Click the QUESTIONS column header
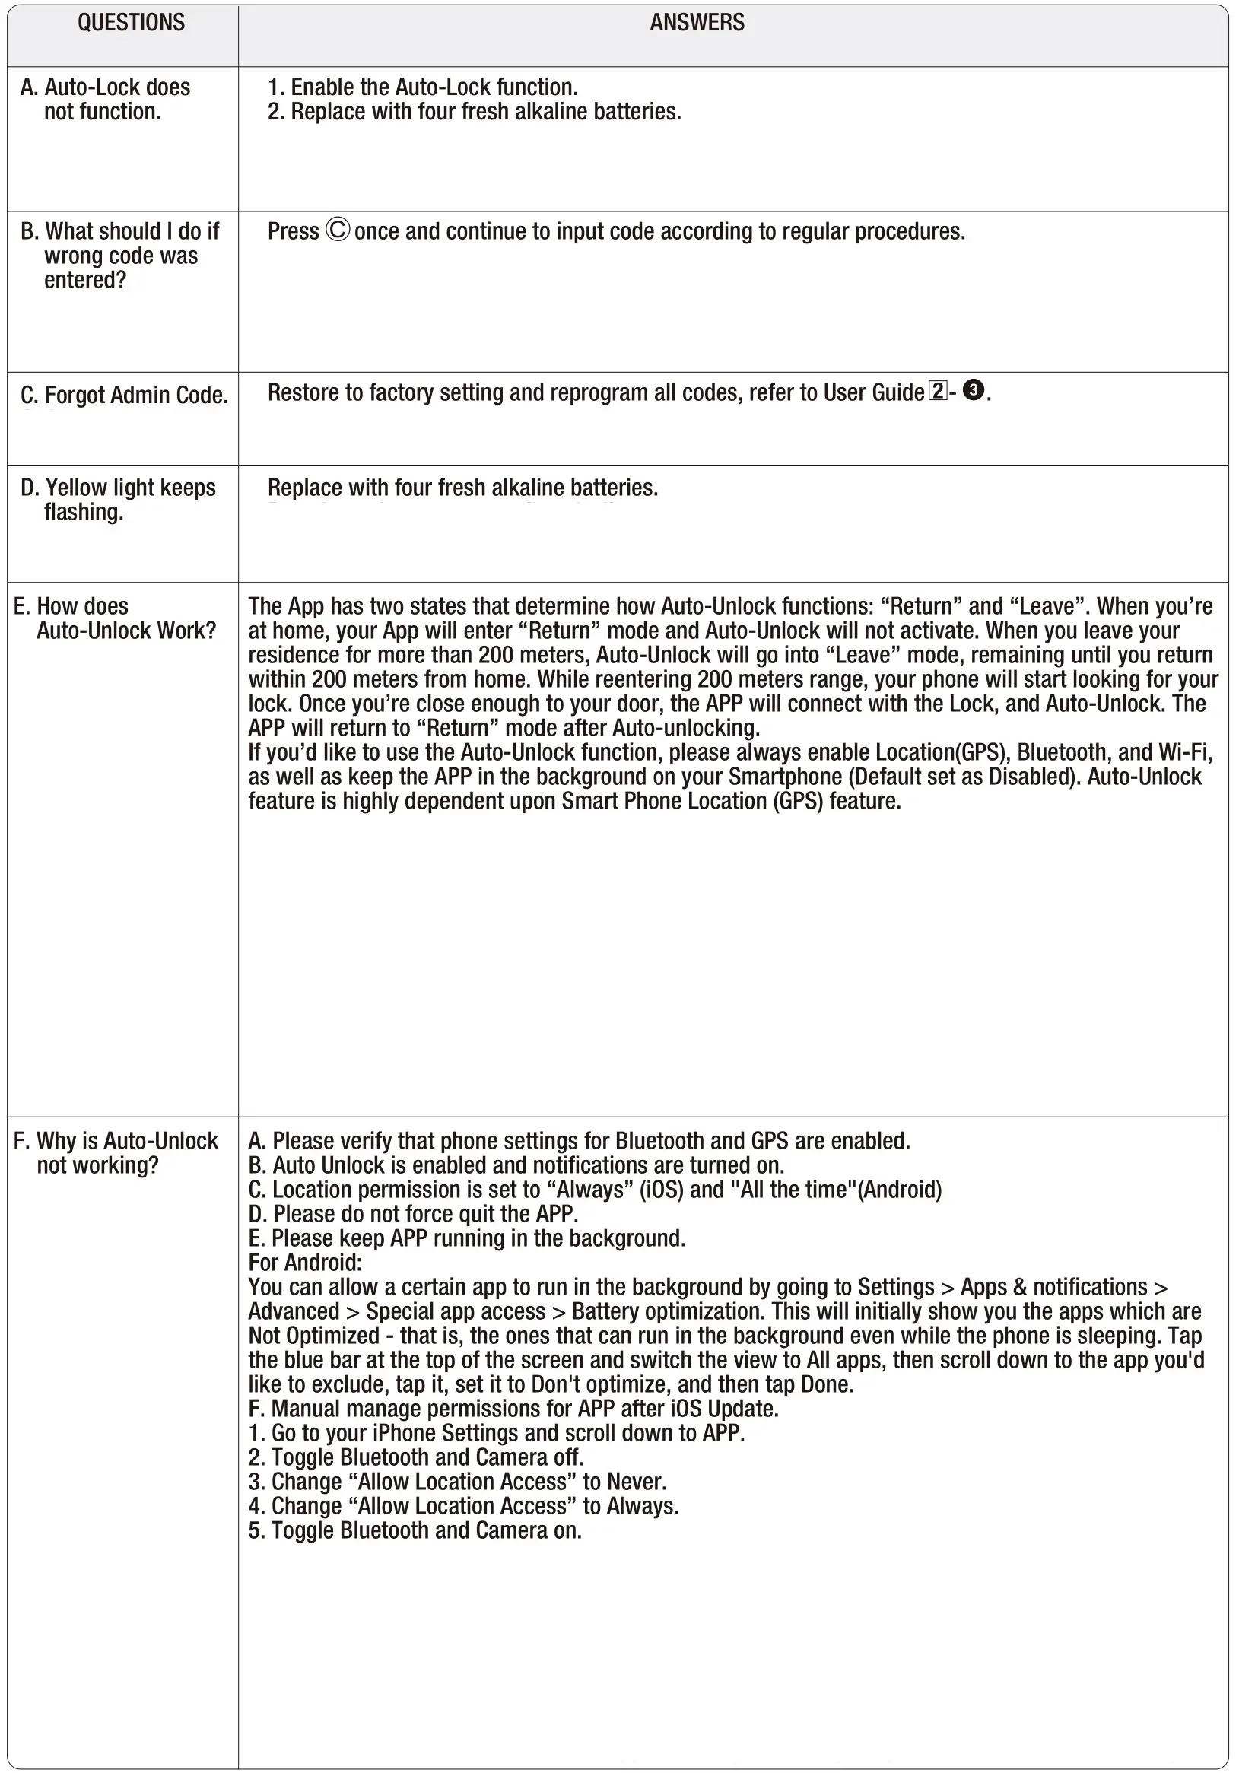tap(132, 23)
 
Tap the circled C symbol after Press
tap(338, 230)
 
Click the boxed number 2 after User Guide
tap(937, 391)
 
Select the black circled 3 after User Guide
tap(974, 390)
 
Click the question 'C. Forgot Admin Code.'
tap(124, 396)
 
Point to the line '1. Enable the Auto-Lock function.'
tap(422, 87)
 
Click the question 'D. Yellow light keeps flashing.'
tap(118, 500)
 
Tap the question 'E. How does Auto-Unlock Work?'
tap(115, 618)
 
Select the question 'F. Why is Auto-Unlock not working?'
tap(116, 1153)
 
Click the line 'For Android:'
tap(305, 1263)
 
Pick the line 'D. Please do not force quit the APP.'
tap(413, 1214)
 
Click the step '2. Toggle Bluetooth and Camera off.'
tap(415, 1457)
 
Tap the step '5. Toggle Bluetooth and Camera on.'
tap(415, 1530)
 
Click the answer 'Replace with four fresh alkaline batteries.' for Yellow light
tap(462, 488)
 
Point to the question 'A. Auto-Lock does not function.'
tap(105, 100)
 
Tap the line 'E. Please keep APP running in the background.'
tap(466, 1238)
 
